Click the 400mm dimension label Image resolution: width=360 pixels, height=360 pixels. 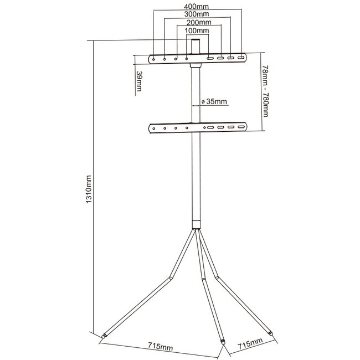(x=198, y=7)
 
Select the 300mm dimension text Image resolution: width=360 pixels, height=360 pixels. (x=198, y=14)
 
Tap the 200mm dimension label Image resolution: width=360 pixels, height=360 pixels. (x=198, y=23)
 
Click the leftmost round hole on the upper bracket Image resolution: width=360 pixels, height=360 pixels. (x=154, y=58)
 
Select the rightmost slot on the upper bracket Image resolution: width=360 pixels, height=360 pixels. (x=241, y=57)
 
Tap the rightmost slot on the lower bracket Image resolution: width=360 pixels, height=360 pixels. (x=241, y=128)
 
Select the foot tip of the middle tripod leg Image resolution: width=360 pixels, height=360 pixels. (x=223, y=342)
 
